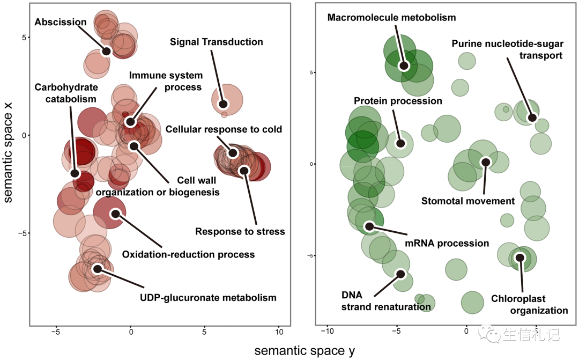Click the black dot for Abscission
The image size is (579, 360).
pos(106,51)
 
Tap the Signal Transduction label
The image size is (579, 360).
pos(216,42)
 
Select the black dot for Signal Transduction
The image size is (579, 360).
pos(223,104)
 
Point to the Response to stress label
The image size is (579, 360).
pos(240,232)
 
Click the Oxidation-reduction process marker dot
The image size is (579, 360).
pos(115,214)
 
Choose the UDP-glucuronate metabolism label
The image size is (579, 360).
pos(208,298)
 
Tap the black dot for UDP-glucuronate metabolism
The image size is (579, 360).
pos(97,269)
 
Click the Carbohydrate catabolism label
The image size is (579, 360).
pos(66,93)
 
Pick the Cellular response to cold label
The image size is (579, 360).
pos(224,129)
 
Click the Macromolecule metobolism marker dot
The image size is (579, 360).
pos(404,65)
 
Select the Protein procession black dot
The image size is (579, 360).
pos(400,143)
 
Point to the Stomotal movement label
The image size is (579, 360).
pos(467,201)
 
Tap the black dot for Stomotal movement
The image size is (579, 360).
pos(486,162)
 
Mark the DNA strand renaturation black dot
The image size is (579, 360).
pos(400,274)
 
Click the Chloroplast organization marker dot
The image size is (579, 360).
pos(519,258)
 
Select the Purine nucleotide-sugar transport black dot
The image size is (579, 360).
pos(532,118)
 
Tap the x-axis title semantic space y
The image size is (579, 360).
pos(304,351)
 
